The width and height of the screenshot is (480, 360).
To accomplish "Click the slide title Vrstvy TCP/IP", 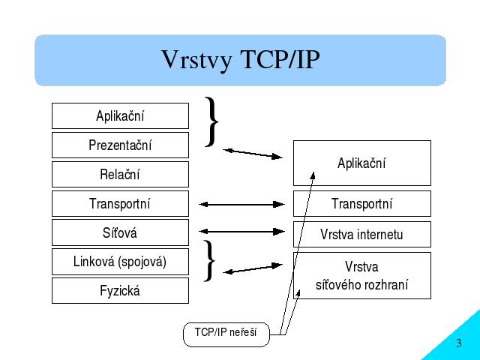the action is point(241,59).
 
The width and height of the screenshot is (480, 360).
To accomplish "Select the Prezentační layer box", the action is point(120,145).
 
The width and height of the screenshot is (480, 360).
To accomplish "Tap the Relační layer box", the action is point(120,174).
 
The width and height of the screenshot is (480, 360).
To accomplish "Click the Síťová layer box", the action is point(120,232).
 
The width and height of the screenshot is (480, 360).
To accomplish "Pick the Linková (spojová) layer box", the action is point(120,262).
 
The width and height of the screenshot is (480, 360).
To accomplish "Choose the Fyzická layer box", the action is point(120,290).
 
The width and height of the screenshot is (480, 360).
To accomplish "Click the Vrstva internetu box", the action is point(362,234).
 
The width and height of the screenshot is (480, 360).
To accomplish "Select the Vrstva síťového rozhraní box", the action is point(362,275).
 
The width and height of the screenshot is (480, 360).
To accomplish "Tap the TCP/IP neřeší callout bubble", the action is point(226,334).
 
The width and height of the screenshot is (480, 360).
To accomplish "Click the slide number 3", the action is point(458,343).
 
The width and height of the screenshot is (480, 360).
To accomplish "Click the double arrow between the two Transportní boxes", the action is point(241,204).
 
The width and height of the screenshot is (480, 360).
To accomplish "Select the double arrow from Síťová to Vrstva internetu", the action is point(241,232).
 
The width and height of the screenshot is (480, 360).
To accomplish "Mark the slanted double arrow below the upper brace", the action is point(253,154).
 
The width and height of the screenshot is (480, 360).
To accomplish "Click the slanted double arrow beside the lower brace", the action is point(253,268).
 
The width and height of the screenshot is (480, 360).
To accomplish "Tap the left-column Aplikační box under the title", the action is point(120,115).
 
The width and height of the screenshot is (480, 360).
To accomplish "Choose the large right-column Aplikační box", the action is point(362,163).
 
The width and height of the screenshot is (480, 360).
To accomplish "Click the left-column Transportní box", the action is point(120,203).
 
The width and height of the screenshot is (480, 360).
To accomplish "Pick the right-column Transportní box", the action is point(362,203).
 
